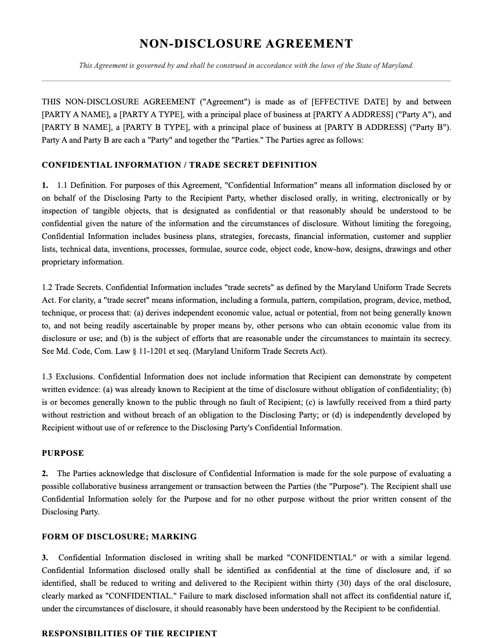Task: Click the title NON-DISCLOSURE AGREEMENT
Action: click(x=246, y=44)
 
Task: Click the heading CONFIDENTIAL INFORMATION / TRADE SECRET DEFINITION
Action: click(x=179, y=165)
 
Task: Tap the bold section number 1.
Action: click(x=45, y=185)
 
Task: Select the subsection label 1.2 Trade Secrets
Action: click(x=72, y=287)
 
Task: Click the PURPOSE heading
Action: click(x=63, y=453)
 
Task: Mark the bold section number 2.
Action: click(x=45, y=473)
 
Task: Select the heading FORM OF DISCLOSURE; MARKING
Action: click(x=119, y=536)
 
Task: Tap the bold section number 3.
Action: click(x=45, y=557)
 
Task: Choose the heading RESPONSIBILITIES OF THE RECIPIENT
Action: click(x=129, y=633)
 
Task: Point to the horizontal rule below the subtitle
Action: click(x=246, y=81)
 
